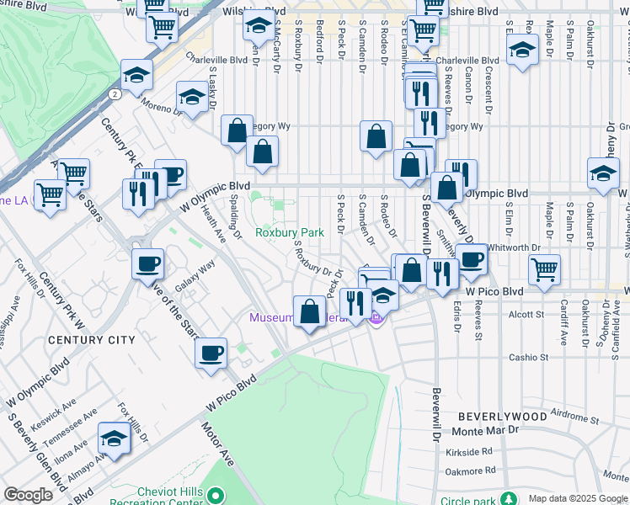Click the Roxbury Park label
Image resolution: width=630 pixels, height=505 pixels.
point(290,232)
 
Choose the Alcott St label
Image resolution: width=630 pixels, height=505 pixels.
point(526,314)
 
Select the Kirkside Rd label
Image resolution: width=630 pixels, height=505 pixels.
point(470,452)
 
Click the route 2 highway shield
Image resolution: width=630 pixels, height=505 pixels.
point(113,94)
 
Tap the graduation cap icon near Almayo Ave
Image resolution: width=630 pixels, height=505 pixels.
point(114,438)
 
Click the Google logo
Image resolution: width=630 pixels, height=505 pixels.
point(29,495)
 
